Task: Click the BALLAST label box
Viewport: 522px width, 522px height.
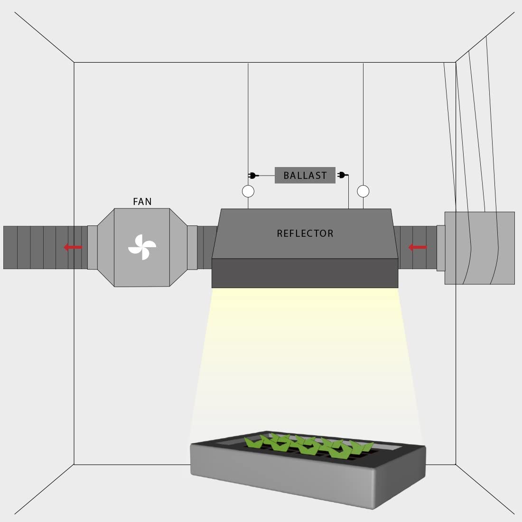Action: [305, 175]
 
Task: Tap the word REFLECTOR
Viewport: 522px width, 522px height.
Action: [305, 233]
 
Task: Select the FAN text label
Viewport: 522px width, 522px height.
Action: [142, 201]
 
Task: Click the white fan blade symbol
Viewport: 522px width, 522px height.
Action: [142, 247]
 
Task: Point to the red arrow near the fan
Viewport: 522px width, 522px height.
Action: [73, 247]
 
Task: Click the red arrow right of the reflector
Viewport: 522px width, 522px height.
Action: [418, 247]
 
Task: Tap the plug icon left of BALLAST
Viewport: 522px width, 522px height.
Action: [253, 176]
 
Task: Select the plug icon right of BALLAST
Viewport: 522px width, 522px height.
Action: [343, 175]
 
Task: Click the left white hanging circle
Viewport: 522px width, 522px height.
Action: [248, 191]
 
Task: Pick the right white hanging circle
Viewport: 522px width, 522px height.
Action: [363, 191]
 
